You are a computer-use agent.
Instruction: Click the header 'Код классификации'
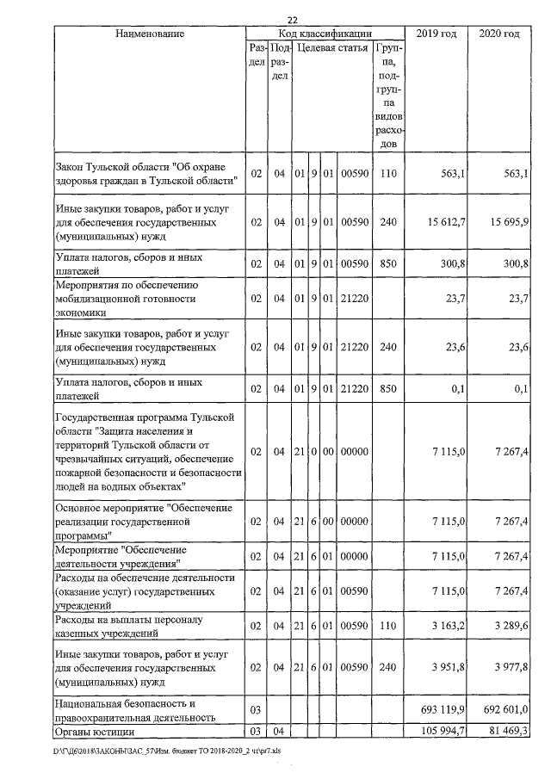click(325, 33)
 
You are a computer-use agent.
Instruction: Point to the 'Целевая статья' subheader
click(331, 48)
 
